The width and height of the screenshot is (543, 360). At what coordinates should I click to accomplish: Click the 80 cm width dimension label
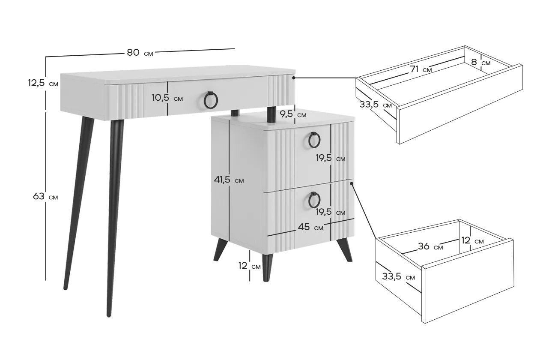pos(140,53)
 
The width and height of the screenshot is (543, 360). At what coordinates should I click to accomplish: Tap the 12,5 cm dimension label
pos(43,83)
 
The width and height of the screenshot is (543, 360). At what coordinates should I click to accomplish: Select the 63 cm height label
pos(45,196)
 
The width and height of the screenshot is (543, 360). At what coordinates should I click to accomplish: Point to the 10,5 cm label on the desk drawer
pos(167,98)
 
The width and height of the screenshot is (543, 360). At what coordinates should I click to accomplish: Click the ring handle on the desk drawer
pos(211,100)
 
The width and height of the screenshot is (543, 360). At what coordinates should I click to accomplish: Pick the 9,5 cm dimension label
pos(293,114)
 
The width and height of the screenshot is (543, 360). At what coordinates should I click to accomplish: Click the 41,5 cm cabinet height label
pos(229,180)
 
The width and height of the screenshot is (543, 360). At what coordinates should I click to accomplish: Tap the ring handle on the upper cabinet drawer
pos(314,140)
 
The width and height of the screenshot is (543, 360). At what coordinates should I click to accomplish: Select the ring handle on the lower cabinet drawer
pos(314,200)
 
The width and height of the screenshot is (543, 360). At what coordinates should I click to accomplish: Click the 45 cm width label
pos(310,227)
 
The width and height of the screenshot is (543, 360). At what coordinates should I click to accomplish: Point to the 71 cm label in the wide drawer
pos(421,69)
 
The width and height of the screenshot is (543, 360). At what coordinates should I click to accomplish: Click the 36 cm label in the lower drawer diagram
pos(430,246)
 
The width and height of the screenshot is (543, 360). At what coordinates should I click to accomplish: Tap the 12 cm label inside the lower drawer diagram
pos(472,241)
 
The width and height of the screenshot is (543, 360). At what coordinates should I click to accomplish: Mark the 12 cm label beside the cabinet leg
pos(249,266)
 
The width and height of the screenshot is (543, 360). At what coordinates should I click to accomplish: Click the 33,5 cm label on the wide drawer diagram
pos(376,105)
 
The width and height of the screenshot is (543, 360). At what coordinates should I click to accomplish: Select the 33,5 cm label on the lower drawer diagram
pos(399,276)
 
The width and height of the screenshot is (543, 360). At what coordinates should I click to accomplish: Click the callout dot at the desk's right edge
pos(293,78)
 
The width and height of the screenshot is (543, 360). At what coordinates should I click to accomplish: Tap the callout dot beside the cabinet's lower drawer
pos(352,183)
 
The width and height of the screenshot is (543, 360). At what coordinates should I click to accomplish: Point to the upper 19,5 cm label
pos(331,158)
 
